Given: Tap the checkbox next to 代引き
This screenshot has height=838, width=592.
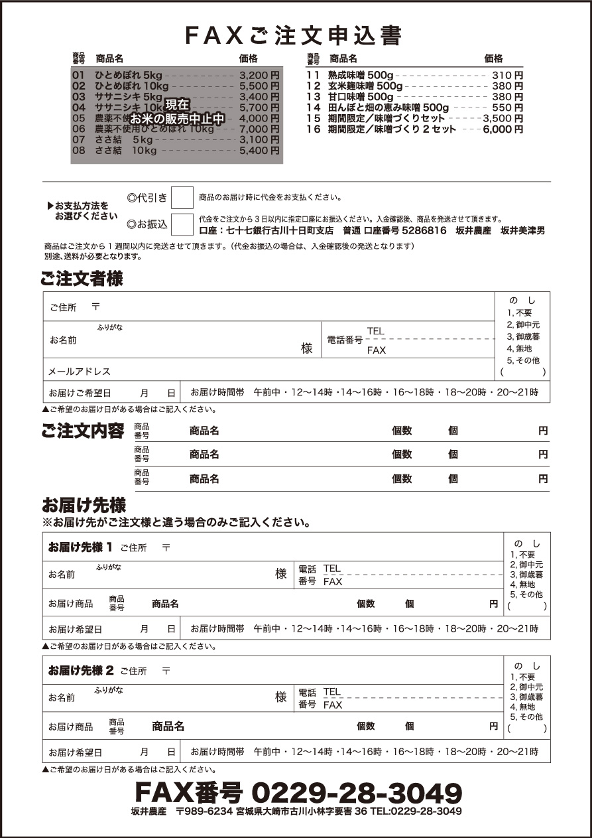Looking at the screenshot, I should coord(182,198).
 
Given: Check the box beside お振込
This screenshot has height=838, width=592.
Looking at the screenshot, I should coord(182,224).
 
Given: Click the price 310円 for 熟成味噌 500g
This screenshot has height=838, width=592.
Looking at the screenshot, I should coord(507,76).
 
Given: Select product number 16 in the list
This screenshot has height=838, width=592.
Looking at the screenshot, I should coord(314,129).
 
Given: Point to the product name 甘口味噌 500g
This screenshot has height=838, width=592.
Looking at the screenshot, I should coord(361,97).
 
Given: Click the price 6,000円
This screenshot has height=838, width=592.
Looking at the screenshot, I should coord(503,129).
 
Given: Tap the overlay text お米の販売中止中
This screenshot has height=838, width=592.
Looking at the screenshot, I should coord(177,119).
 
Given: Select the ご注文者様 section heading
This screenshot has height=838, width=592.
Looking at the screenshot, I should coord(82,279).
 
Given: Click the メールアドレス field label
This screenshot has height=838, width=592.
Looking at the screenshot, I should coord(79,371).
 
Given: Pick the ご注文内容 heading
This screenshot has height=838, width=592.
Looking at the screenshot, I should coord(82,431).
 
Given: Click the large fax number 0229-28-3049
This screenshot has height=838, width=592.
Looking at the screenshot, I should coord(357,792).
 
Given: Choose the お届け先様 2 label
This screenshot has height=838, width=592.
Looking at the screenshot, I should coord(81,670).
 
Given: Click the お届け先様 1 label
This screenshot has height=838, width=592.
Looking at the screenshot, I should coord(80,547).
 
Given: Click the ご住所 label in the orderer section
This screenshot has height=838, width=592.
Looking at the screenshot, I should coord(63,307).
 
